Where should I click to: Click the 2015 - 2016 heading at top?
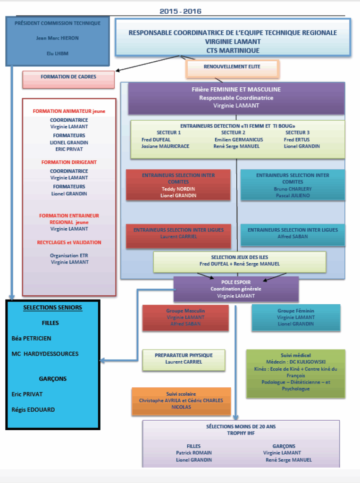[x=181, y=11]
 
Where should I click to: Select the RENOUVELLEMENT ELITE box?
[x=232, y=67]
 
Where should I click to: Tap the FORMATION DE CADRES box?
[x=68, y=77]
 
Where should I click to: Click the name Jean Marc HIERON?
[x=58, y=38]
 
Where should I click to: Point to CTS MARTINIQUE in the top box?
[x=233, y=50]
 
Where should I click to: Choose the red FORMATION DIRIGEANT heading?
[x=69, y=162]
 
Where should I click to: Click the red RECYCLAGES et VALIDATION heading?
[x=69, y=242]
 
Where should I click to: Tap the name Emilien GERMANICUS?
[x=239, y=140]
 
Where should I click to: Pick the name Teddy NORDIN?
[x=178, y=189]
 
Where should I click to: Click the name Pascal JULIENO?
[x=293, y=195]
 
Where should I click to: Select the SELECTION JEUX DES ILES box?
[x=240, y=261]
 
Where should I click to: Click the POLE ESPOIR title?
[x=236, y=282]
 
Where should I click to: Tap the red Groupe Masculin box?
[x=185, y=317]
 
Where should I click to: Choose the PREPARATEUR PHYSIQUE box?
[x=184, y=358]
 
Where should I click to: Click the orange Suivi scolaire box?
[x=181, y=400]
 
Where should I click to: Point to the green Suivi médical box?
[x=296, y=373]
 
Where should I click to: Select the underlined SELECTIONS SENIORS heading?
[x=53, y=308]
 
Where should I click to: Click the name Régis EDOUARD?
[x=33, y=410]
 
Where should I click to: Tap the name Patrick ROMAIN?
[x=194, y=453]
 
